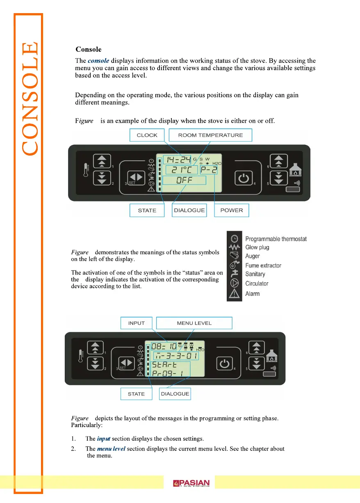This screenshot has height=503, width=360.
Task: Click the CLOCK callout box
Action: [x=147, y=135]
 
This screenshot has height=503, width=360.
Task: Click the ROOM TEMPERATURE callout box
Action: [x=210, y=135]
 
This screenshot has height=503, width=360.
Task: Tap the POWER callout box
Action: [x=232, y=210]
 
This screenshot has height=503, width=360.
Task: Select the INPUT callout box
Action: [x=136, y=323]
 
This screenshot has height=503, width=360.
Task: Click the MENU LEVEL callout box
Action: [x=194, y=323]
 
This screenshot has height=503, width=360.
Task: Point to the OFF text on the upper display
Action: [x=185, y=180]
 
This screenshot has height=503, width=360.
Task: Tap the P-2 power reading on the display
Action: [x=209, y=169]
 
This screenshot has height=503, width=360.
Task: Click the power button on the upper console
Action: [x=243, y=178]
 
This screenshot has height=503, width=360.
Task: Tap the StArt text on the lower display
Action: [x=165, y=364]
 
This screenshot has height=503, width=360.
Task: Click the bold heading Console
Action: [x=88, y=50]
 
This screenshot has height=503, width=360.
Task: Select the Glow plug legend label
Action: [x=257, y=247]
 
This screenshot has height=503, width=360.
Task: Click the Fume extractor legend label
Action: [x=263, y=265]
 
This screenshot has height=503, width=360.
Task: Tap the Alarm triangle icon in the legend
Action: [x=234, y=293]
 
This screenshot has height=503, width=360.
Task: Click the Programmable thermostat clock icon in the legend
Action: [x=234, y=238]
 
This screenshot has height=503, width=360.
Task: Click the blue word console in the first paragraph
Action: [x=98, y=61]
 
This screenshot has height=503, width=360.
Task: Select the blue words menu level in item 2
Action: [x=111, y=448]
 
